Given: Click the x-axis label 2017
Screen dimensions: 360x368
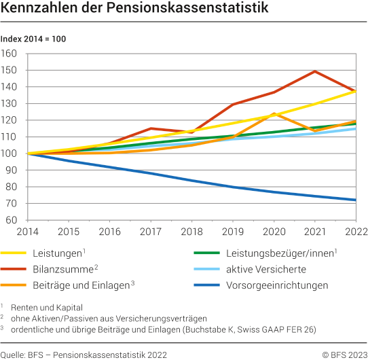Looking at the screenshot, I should tap(149, 232).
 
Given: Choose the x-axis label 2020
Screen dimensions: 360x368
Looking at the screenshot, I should tap(274, 232).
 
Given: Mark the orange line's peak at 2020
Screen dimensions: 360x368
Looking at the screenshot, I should tap(274, 113).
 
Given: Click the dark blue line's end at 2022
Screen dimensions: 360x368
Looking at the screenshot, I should tap(356, 200).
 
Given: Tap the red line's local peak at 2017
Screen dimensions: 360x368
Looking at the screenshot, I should tap(150, 128).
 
